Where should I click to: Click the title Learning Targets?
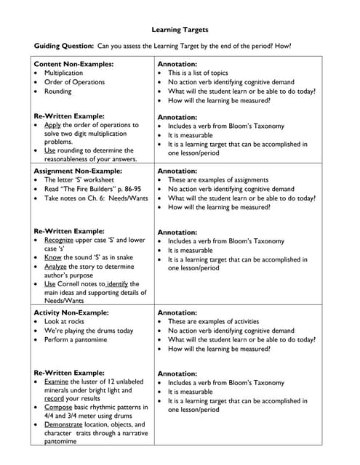180,30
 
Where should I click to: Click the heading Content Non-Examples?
73,64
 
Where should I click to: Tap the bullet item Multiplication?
63,73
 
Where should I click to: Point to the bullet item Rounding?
58,92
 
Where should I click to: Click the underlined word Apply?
54,125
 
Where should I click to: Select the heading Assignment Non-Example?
78,170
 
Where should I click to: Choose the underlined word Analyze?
57,267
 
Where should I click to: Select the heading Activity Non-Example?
71,312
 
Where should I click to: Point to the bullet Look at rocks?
64,321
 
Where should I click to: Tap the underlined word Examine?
57,381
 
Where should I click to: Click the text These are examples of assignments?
222,179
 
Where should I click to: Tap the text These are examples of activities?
217,321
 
